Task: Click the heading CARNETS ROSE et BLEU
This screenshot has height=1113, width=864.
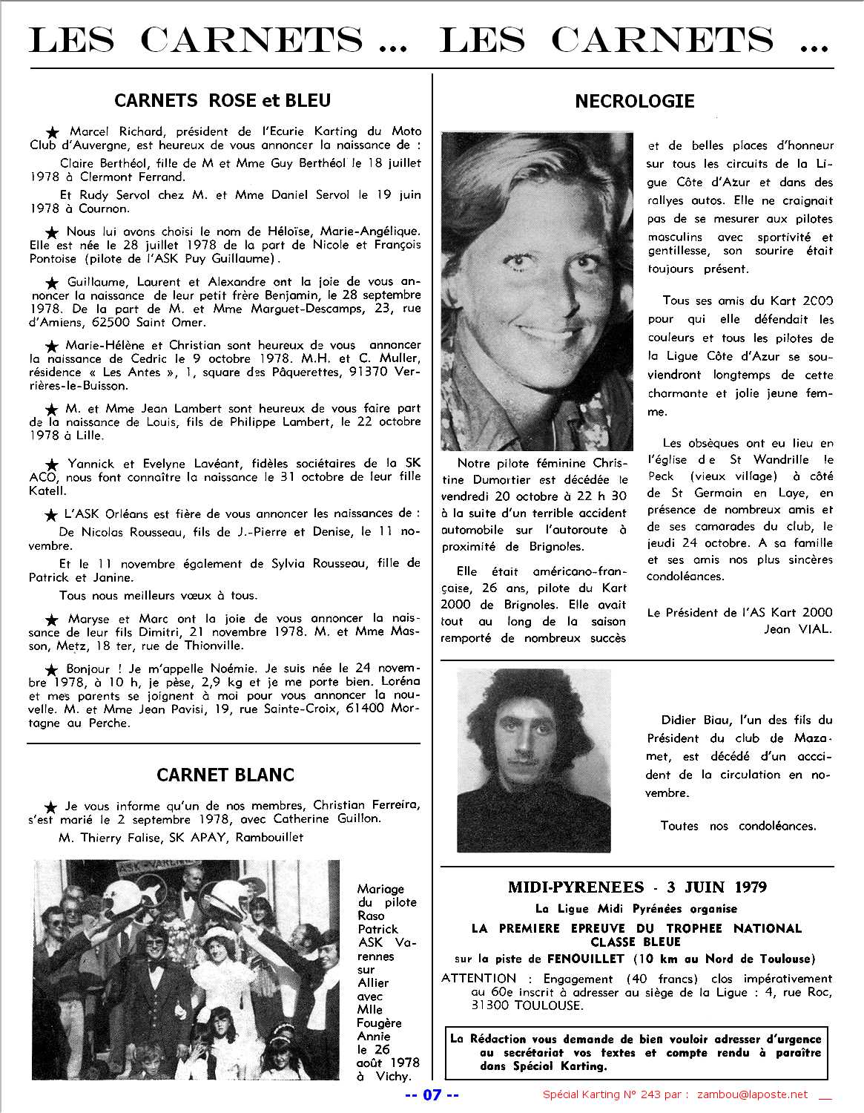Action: (x=222, y=99)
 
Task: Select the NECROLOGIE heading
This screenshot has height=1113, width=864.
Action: (x=635, y=101)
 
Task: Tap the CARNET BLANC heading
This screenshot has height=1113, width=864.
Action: (x=225, y=775)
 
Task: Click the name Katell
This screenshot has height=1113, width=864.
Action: (x=48, y=490)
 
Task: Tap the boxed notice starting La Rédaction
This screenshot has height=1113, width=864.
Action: (x=635, y=1052)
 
